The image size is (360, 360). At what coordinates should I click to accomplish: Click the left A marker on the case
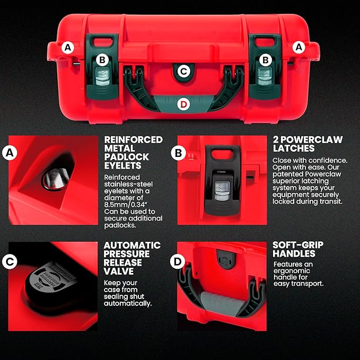(67, 47)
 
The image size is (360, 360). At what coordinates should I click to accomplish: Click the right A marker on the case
(298, 47)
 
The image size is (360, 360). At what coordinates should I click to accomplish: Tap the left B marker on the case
(103, 60)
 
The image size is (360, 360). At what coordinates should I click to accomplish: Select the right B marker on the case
(266, 60)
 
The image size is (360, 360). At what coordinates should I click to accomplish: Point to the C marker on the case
(183, 71)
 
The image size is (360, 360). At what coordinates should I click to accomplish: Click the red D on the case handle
(183, 104)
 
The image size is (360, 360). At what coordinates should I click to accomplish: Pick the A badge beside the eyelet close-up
(8, 153)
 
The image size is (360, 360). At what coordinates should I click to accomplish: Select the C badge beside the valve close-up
(8, 261)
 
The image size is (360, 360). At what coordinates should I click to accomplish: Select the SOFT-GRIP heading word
(297, 245)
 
